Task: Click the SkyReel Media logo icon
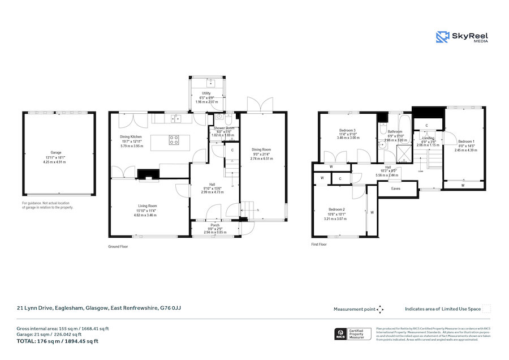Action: click(x=442, y=37)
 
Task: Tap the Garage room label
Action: click(x=55, y=153)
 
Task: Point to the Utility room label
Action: click(x=206, y=93)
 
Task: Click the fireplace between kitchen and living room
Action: click(x=149, y=175)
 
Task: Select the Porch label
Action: click(x=214, y=225)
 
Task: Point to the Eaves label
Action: click(x=396, y=189)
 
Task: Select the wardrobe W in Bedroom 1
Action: click(x=463, y=185)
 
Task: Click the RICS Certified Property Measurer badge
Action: click(x=353, y=334)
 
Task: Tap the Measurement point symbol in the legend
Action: click(x=380, y=309)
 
